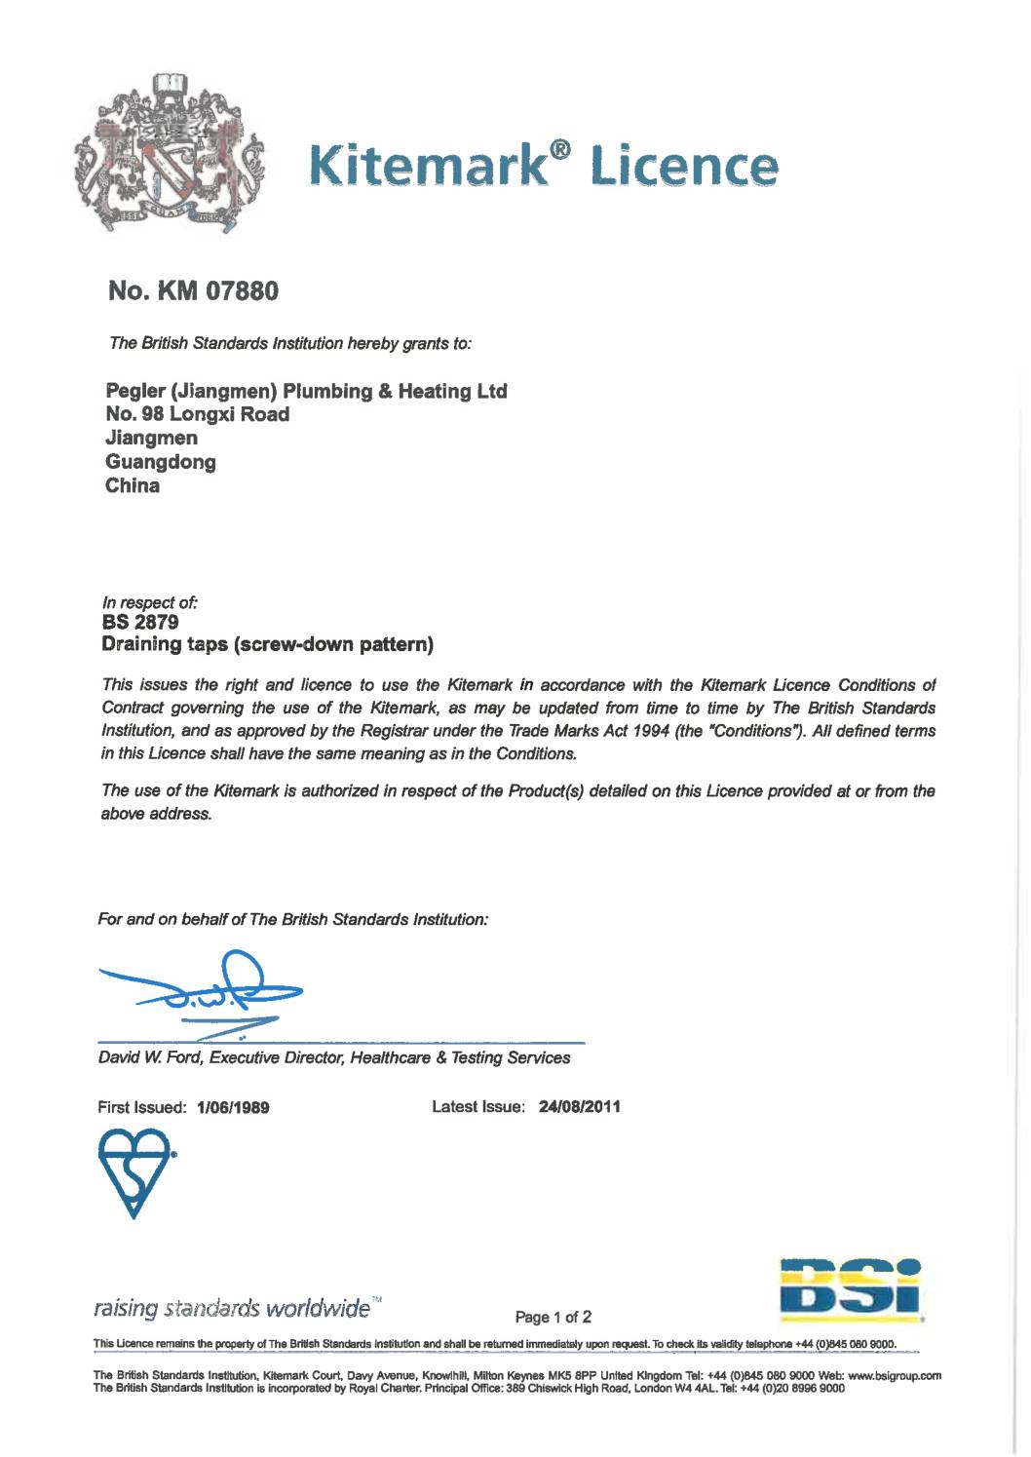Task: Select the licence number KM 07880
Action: tap(193, 290)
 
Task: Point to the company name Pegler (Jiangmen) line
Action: tap(306, 391)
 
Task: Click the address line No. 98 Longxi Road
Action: tap(197, 414)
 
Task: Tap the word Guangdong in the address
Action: tap(160, 462)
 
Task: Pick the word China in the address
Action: tap(132, 485)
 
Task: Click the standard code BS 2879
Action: tap(140, 622)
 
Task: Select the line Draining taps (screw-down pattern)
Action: tap(268, 644)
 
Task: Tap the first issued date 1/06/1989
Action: tap(233, 1108)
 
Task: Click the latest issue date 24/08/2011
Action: tap(579, 1107)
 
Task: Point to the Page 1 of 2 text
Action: tap(554, 1318)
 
